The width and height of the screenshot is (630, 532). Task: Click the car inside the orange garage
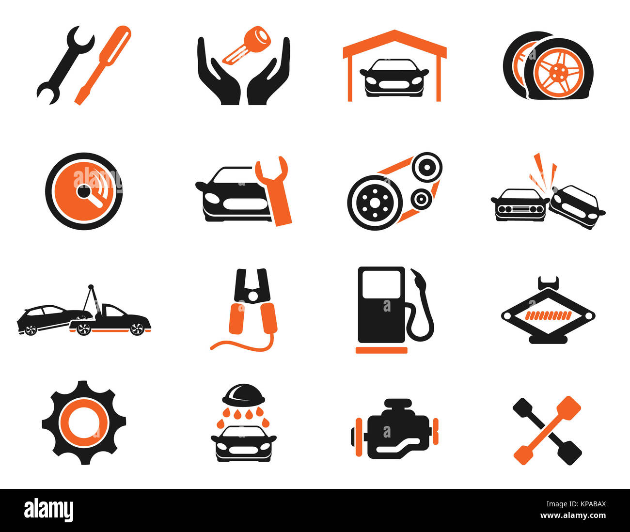394,78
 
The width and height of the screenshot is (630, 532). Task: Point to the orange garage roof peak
395,33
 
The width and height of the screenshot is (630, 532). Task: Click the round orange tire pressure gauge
84,191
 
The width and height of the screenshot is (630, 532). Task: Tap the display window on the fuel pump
382,284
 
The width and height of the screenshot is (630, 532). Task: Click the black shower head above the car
243,395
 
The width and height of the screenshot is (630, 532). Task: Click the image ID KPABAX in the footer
586,503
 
